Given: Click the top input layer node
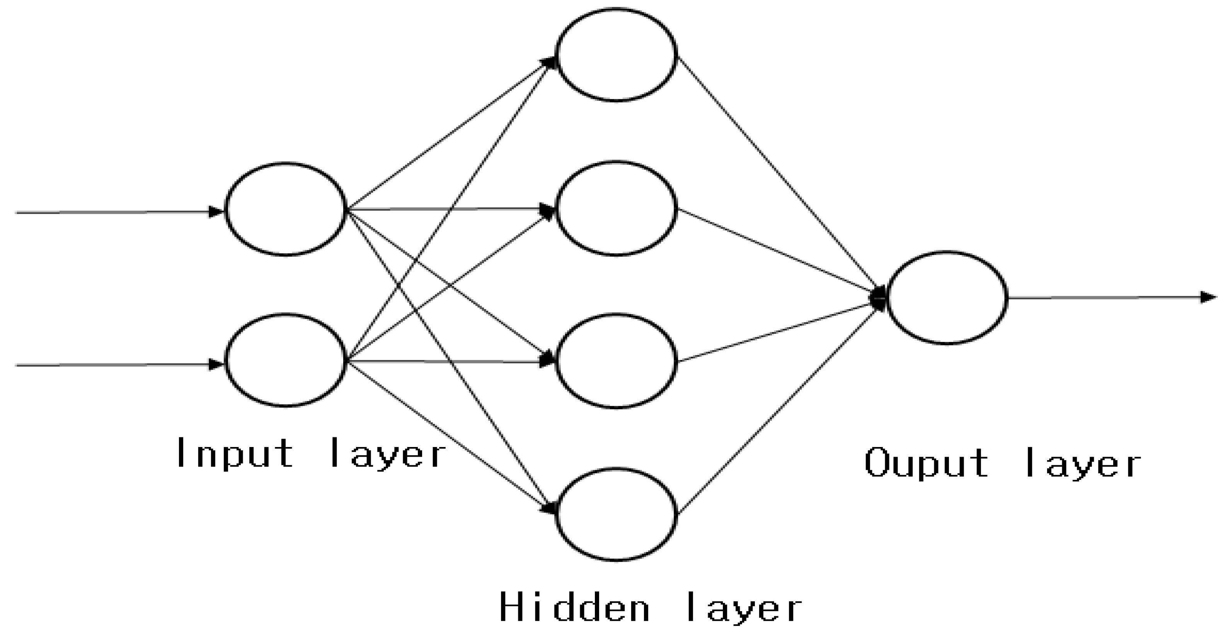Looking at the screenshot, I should tap(285, 209).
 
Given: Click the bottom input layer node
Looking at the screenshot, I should tap(285, 360).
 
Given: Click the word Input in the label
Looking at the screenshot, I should tap(235, 454).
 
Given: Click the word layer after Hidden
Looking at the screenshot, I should tap(744, 607).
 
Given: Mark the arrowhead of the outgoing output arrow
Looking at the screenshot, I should tap(1208, 297).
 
